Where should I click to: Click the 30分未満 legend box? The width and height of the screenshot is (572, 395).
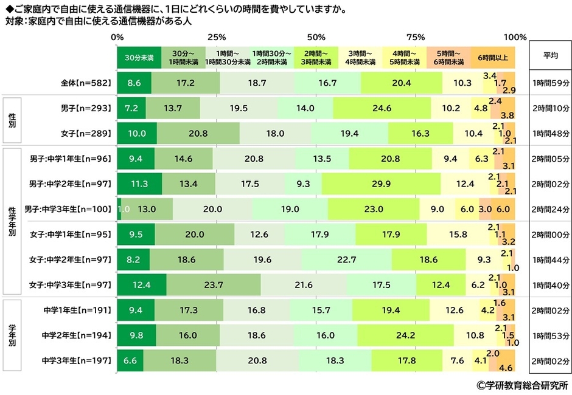click(x=139, y=58)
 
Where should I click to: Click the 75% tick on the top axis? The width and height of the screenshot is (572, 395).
click(x=416, y=37)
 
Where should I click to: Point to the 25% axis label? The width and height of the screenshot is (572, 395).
click(x=216, y=37)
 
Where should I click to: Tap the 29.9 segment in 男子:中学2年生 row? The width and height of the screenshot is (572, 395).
click(x=381, y=184)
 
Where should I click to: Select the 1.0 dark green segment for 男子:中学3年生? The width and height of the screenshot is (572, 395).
click(x=119, y=209)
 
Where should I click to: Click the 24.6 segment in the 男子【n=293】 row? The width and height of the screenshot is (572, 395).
click(x=382, y=108)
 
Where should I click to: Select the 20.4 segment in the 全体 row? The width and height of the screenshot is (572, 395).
click(x=401, y=82)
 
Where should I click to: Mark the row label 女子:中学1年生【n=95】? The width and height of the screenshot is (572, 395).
click(x=71, y=234)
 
